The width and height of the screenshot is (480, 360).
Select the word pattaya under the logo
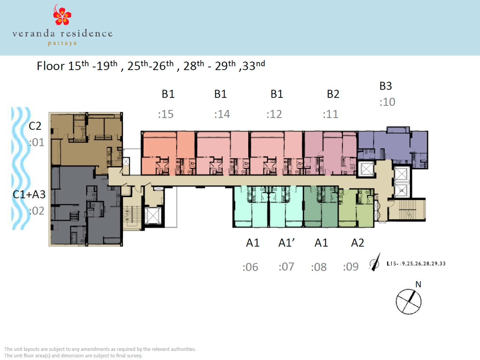pos(62,43)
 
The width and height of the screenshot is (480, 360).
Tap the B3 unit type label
pos(385,86)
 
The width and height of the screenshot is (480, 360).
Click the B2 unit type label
pos(333,94)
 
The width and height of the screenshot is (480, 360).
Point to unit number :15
pos(166,114)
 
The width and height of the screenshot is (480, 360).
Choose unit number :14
pos(222,114)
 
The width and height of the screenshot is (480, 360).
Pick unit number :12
pos(274,114)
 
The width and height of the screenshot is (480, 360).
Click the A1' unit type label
pos(286,243)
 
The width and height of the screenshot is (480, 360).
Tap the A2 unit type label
pos(357,243)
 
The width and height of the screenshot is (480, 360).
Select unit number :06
pos(250,267)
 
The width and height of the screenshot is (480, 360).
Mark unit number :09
pos(351,267)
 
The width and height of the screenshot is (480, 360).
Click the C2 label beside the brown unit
pos(35,126)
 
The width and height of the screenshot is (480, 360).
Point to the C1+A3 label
pos(29,194)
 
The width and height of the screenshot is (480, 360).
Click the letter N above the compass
pos(418,284)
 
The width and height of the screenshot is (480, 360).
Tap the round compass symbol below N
pos(408,301)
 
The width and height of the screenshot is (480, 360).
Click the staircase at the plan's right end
pos(407,210)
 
